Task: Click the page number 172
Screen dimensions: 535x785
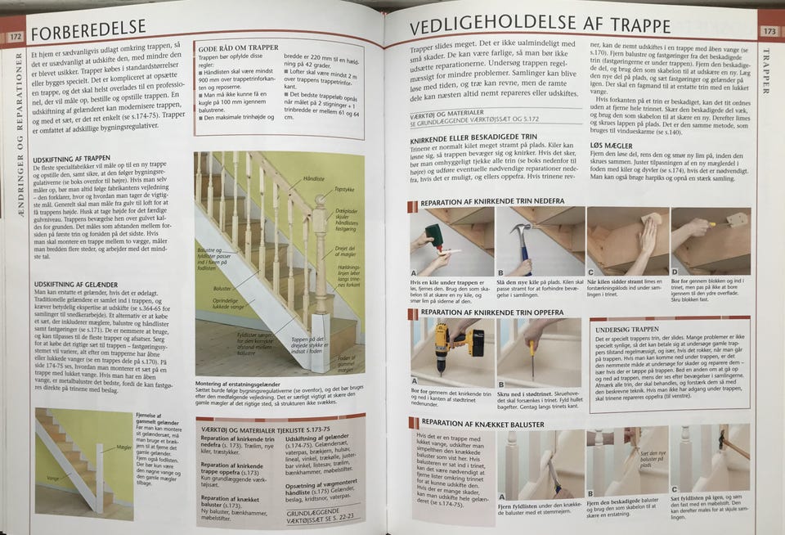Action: (15, 36)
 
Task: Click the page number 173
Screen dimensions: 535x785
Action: (769, 31)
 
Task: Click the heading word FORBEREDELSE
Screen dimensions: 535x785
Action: (92, 34)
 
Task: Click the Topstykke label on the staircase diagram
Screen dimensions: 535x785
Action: (345, 189)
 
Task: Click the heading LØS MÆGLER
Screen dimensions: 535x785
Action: (612, 143)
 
